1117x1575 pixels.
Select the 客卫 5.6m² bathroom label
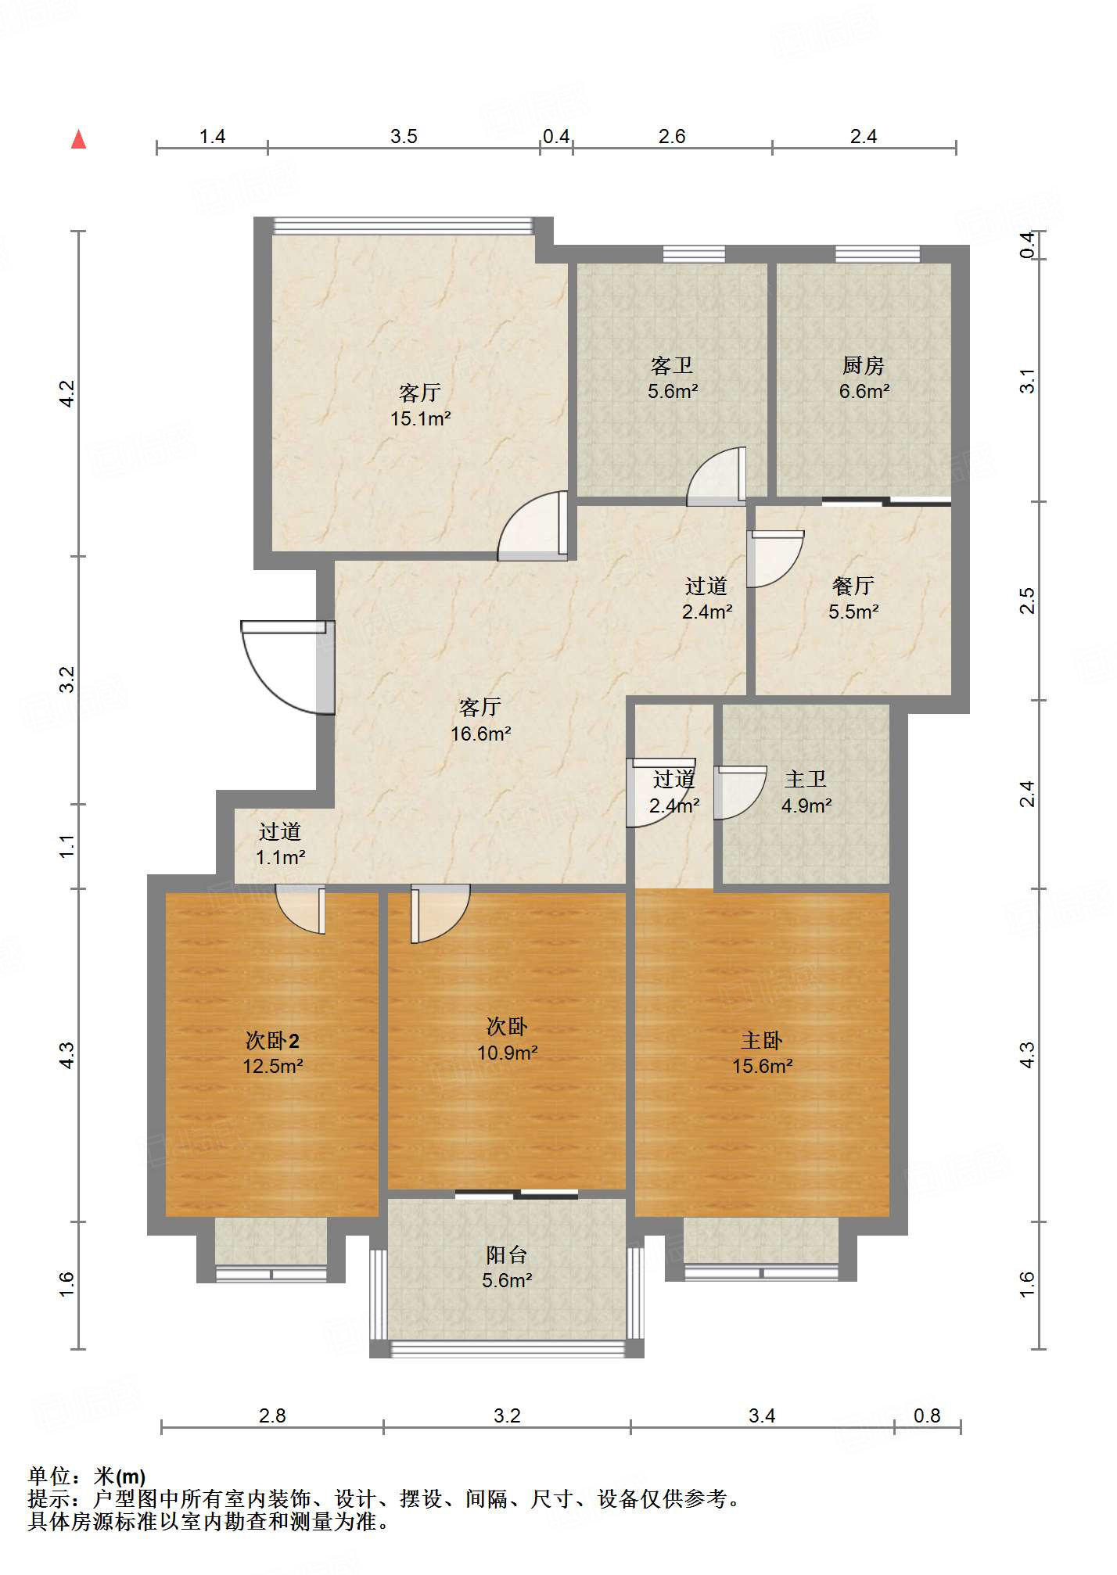672,378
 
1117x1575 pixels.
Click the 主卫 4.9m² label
806,791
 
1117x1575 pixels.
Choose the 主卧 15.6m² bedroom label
762,1053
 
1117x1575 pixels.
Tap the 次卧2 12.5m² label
272,1053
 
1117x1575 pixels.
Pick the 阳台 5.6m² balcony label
507,1267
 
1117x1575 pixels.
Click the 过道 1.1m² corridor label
280,844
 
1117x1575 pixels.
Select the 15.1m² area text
420,418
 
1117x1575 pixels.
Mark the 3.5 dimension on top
404,136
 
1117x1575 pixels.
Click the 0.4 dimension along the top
556,136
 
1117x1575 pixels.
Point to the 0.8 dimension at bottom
927,1415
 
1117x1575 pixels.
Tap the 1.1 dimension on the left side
66,846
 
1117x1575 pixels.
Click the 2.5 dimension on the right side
1028,601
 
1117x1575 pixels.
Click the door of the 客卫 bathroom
717,476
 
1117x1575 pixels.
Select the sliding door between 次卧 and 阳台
516,1194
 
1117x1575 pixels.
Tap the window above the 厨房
878,254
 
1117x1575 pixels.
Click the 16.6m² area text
480,734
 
